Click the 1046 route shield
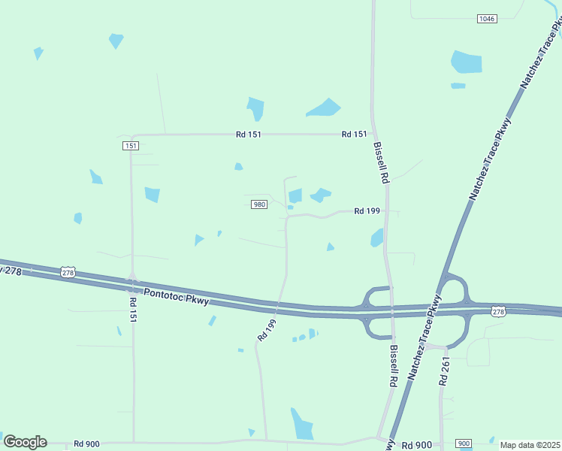tap(486, 19)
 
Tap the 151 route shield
tap(131, 146)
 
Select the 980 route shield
tap(258, 204)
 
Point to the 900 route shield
tap(464, 443)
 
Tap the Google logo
tap(25, 442)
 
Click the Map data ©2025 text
tap(530, 445)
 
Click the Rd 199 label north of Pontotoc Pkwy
tap(367, 211)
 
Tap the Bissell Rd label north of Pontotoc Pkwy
tap(381, 163)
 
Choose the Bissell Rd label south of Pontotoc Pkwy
tap(393, 365)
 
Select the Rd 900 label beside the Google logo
tap(86, 444)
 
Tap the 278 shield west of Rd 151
tap(68, 273)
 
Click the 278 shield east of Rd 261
tap(498, 311)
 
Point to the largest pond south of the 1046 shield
tap(466, 62)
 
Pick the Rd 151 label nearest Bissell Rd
tap(354, 135)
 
